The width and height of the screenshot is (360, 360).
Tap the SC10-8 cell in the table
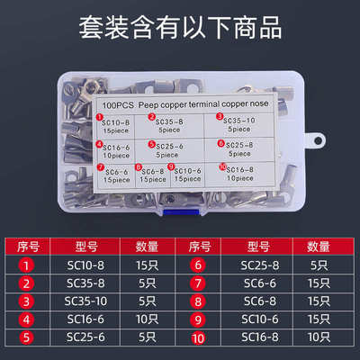(x=87, y=265)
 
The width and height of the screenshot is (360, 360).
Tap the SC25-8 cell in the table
(x=262, y=265)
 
